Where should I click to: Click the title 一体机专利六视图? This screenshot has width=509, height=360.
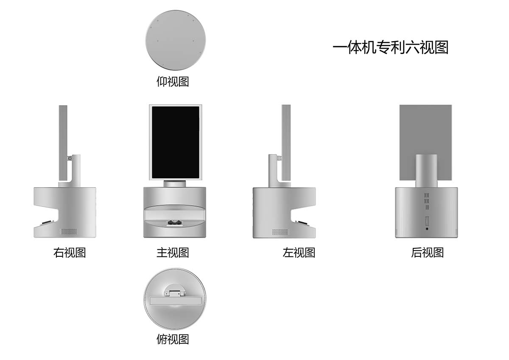[390, 47]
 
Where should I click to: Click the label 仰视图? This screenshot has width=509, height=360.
[173, 81]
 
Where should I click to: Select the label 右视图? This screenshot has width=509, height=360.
[70, 253]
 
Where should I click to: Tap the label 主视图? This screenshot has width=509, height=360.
[173, 253]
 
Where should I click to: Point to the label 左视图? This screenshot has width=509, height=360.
[299, 253]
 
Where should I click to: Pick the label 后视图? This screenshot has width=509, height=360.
[427, 253]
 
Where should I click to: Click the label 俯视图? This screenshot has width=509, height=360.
[173, 339]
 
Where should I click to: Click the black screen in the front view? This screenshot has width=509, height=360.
[175, 143]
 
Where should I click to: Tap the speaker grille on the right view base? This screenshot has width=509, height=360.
[70, 232]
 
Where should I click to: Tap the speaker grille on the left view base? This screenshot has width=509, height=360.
[280, 232]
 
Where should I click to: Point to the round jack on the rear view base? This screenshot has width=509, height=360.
[427, 229]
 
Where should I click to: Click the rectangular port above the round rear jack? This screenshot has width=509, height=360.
[427, 221]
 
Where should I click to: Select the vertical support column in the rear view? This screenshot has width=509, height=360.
[426, 170]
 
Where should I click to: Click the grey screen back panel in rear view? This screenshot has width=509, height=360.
[407, 136]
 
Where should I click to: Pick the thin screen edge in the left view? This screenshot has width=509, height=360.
[286, 142]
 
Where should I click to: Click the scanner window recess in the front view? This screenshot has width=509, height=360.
[175, 216]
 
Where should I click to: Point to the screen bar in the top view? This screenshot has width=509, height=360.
[175, 300]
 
